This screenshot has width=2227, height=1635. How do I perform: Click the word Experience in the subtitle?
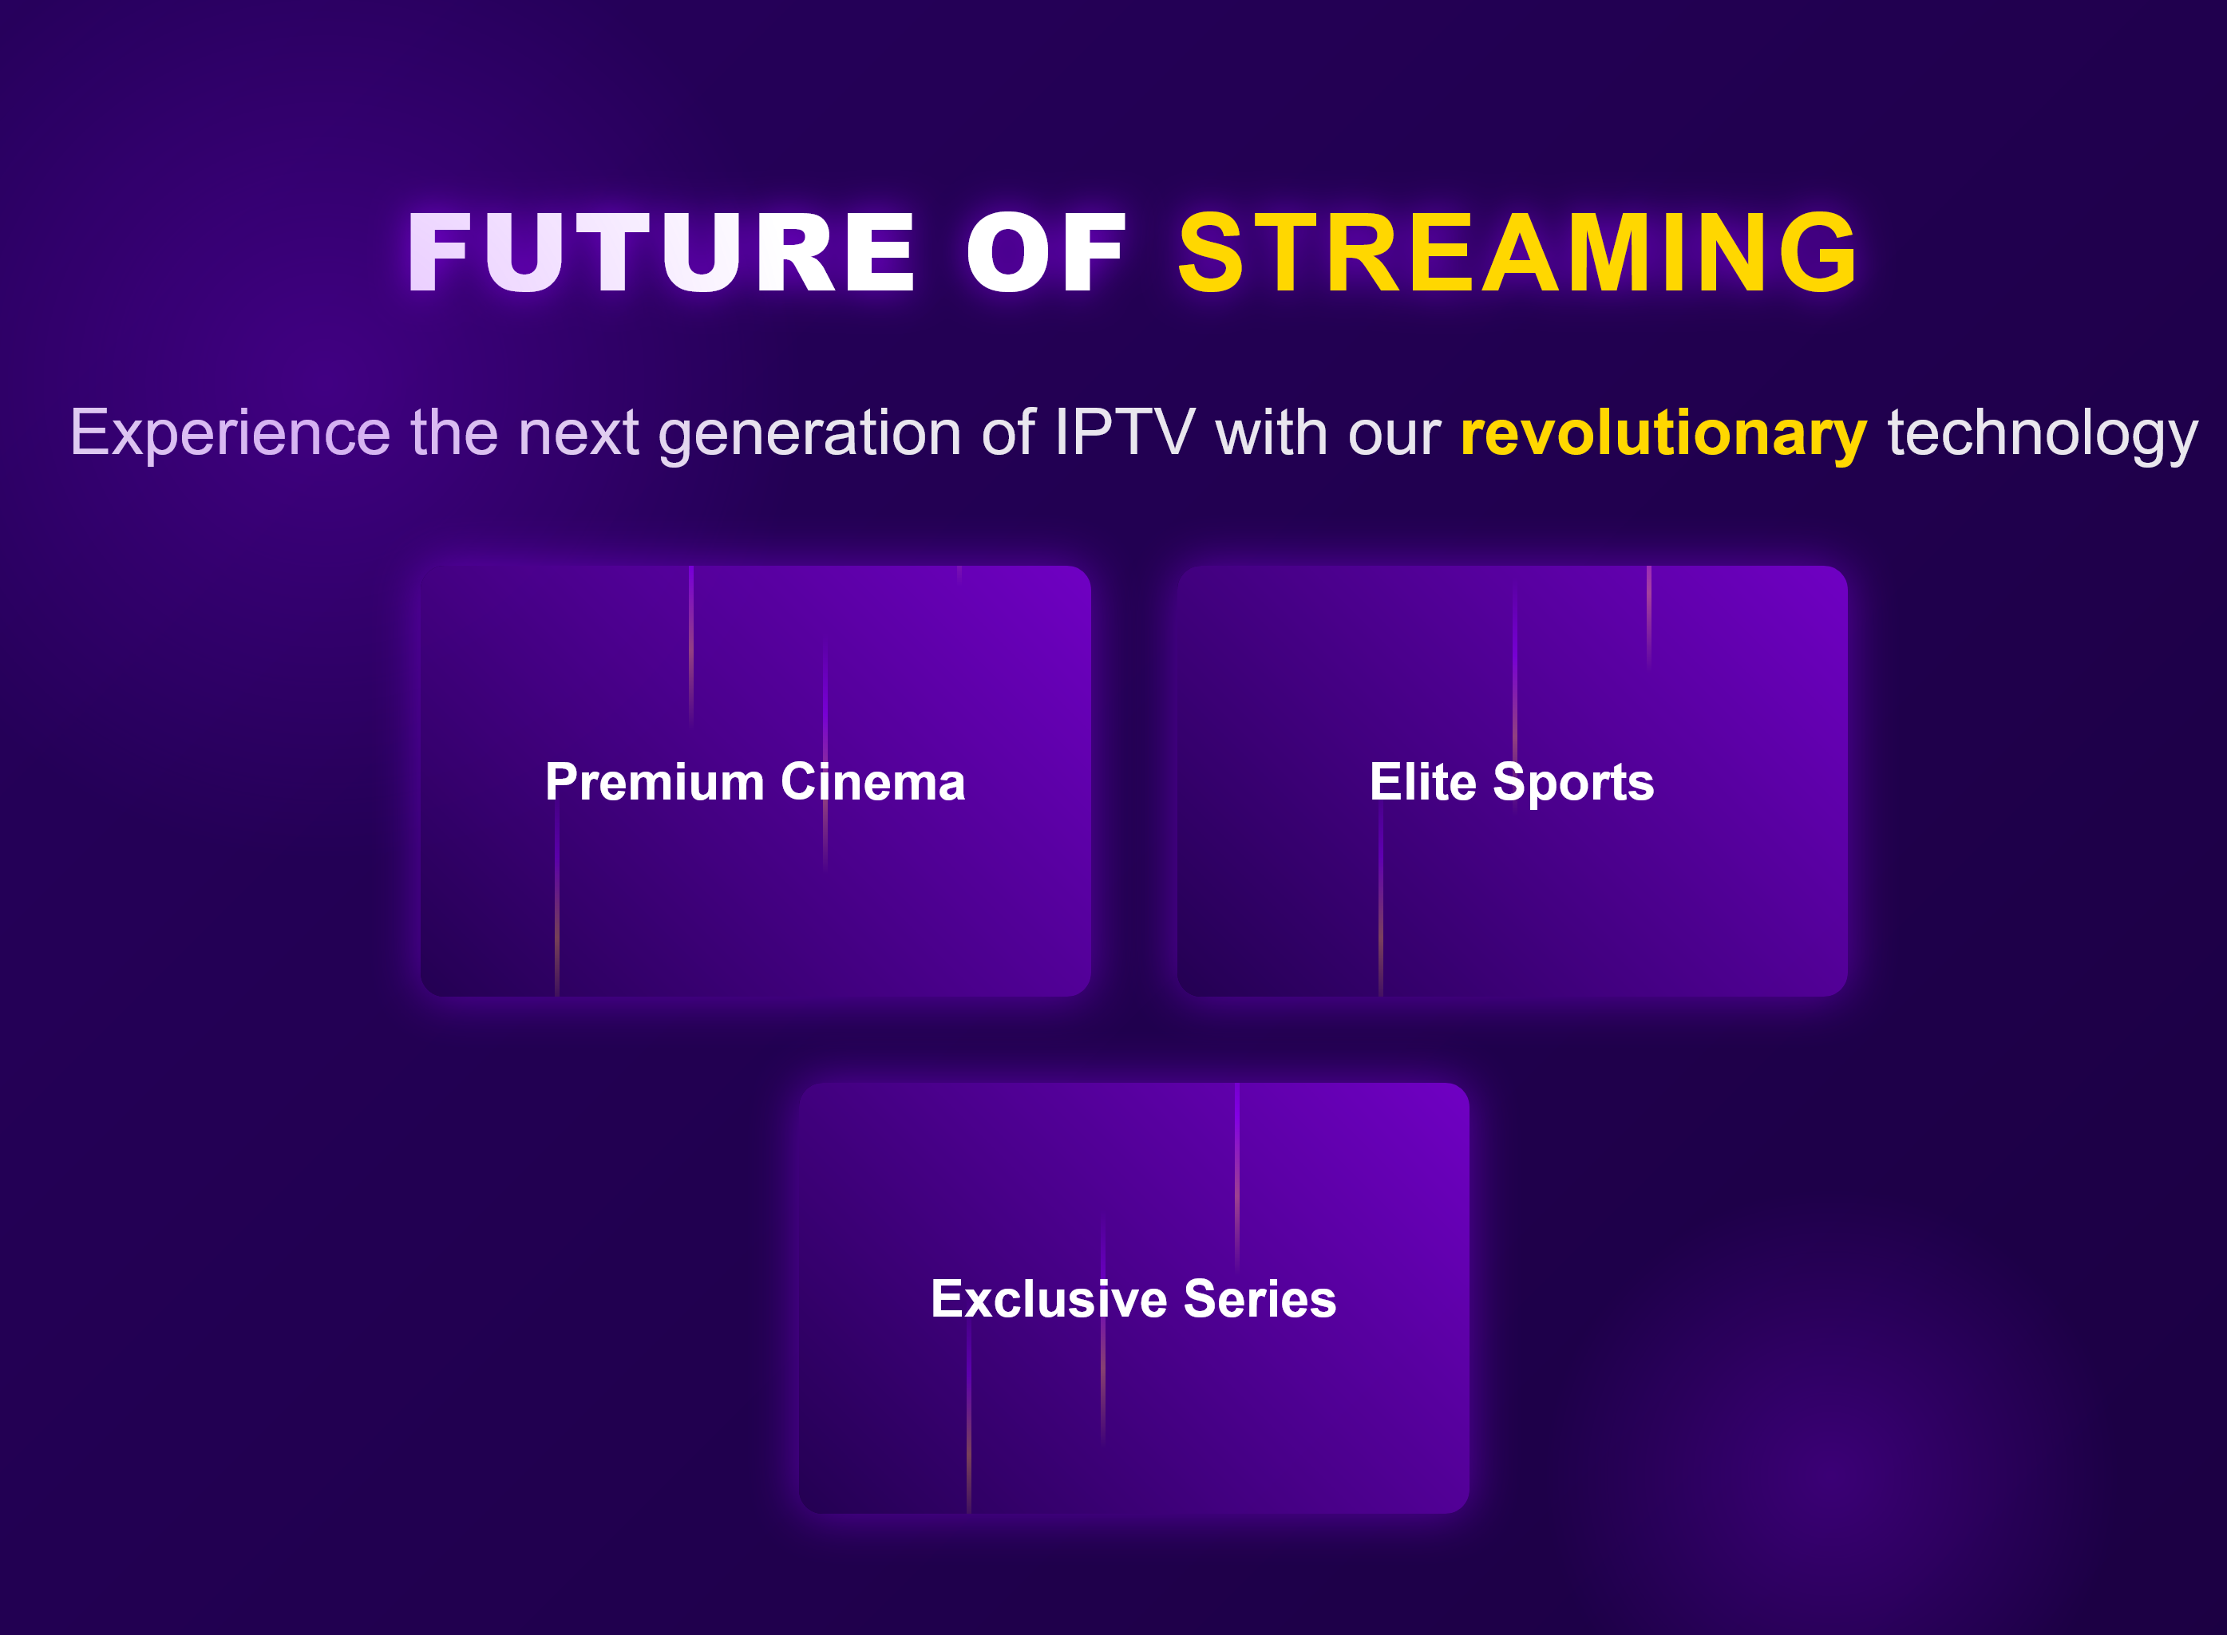[230, 433]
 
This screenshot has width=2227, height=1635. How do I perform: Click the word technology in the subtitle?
[2042, 433]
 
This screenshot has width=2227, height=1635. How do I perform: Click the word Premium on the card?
[655, 782]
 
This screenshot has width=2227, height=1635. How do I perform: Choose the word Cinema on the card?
[873, 782]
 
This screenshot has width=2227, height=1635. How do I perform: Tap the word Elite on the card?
[1422, 782]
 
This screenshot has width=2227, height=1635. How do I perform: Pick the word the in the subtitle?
[454, 433]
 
